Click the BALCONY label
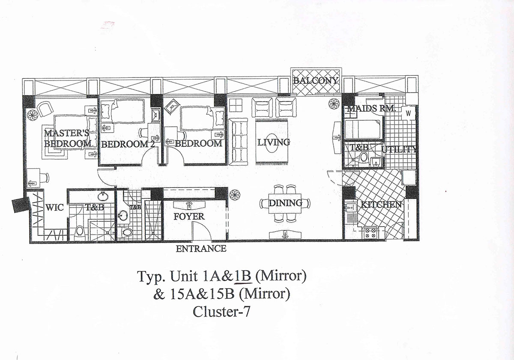[x=316, y=80]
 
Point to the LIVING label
[x=274, y=143]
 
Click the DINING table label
[x=285, y=203]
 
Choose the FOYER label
[x=189, y=217]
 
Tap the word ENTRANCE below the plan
[x=201, y=249]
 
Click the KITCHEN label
[x=381, y=205]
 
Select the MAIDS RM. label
[x=371, y=108]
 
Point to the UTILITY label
[x=399, y=149]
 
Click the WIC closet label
[x=55, y=208]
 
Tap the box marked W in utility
[x=409, y=113]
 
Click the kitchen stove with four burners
[x=371, y=233]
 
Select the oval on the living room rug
[x=272, y=143]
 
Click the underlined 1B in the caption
[x=243, y=276]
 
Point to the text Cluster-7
[x=221, y=312]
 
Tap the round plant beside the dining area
[x=235, y=195]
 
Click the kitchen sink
[x=350, y=208]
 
